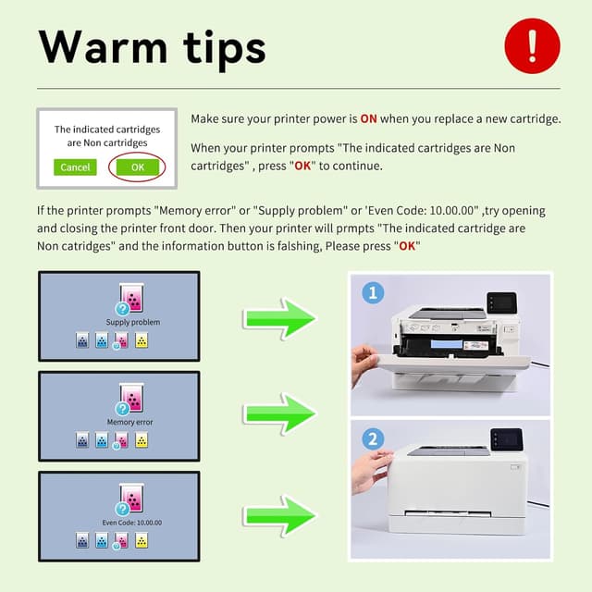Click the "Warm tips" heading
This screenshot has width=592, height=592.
point(153,46)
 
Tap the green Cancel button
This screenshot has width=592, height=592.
point(75,167)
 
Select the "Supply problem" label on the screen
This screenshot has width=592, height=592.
point(133,322)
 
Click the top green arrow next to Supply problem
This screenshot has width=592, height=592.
point(280,318)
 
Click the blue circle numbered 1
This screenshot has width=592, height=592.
point(373,293)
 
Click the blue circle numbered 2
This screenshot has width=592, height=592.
point(373,439)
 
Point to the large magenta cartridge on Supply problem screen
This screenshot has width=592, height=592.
point(134,298)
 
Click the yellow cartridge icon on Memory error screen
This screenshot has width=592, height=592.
point(142,440)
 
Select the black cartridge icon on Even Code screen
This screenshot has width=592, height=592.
point(82,541)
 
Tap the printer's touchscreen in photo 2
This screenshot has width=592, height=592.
point(506,438)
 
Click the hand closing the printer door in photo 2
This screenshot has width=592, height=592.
point(372,469)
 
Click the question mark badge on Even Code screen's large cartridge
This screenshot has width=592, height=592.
point(122,509)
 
